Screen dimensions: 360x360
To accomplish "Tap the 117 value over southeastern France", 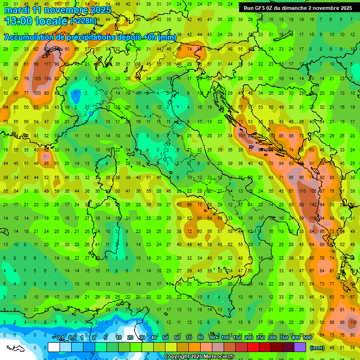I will (47, 64).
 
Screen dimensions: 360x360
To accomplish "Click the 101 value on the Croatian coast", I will (241, 136).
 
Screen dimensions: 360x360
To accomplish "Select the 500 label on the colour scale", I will (307, 338).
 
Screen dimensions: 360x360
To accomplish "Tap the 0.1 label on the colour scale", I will (60, 338).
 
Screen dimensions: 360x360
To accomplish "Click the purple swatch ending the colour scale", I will (300, 347).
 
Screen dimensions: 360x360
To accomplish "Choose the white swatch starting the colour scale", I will (54, 347).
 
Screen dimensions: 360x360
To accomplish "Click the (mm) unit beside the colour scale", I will (317, 348).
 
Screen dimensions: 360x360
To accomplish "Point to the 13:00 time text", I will (18, 21).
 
